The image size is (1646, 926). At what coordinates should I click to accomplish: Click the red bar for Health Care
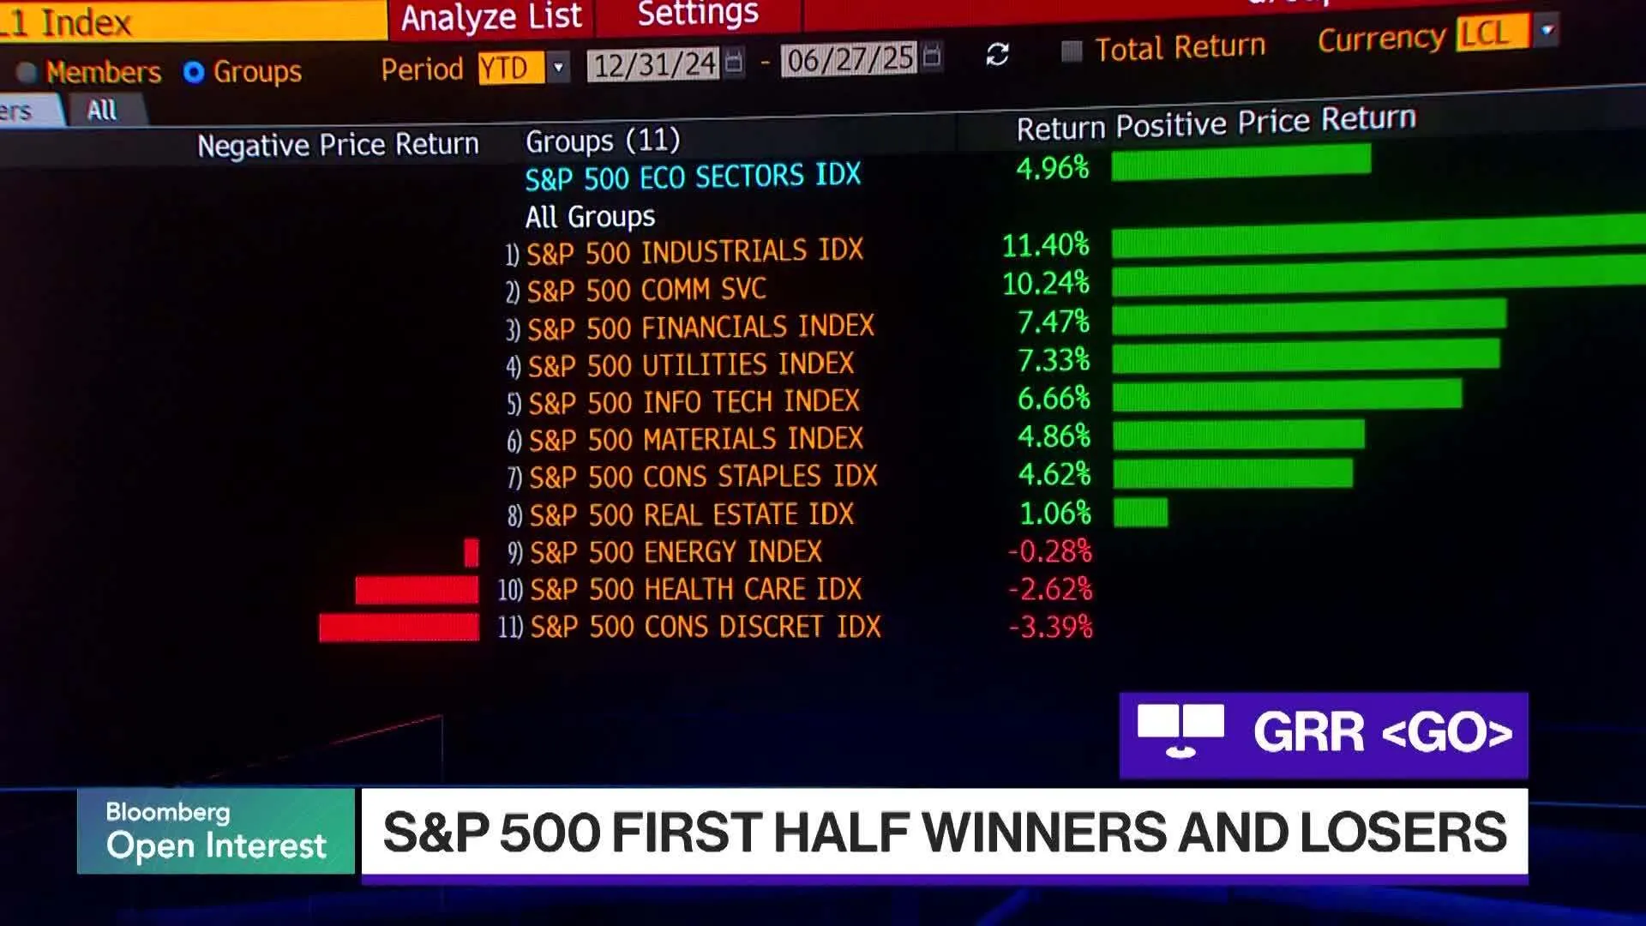[417, 590]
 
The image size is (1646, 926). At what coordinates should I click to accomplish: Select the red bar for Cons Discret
[399, 628]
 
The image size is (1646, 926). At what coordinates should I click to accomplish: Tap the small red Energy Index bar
[471, 552]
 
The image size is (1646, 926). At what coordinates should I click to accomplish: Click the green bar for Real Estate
[1140, 513]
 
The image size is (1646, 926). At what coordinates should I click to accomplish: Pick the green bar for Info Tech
[1286, 396]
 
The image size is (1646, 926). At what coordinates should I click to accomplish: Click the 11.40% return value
[1045, 246]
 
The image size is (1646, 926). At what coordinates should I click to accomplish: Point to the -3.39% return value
[1050, 628]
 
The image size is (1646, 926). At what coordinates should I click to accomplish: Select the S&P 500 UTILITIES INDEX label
[690, 365]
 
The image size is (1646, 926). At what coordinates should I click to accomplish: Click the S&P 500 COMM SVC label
[646, 291]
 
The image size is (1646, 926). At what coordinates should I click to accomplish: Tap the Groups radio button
[194, 73]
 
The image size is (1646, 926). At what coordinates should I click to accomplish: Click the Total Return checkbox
[1072, 51]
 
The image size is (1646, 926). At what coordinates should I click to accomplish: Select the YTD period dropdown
[523, 68]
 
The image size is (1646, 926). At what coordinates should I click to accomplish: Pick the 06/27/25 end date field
[850, 59]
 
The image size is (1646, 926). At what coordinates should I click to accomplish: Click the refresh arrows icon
[997, 55]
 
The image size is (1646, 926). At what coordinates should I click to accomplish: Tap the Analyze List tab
[491, 17]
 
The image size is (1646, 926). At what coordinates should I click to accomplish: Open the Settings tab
[698, 13]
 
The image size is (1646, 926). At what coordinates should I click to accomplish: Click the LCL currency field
[1492, 33]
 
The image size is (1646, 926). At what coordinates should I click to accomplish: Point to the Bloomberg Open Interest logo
[216, 831]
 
